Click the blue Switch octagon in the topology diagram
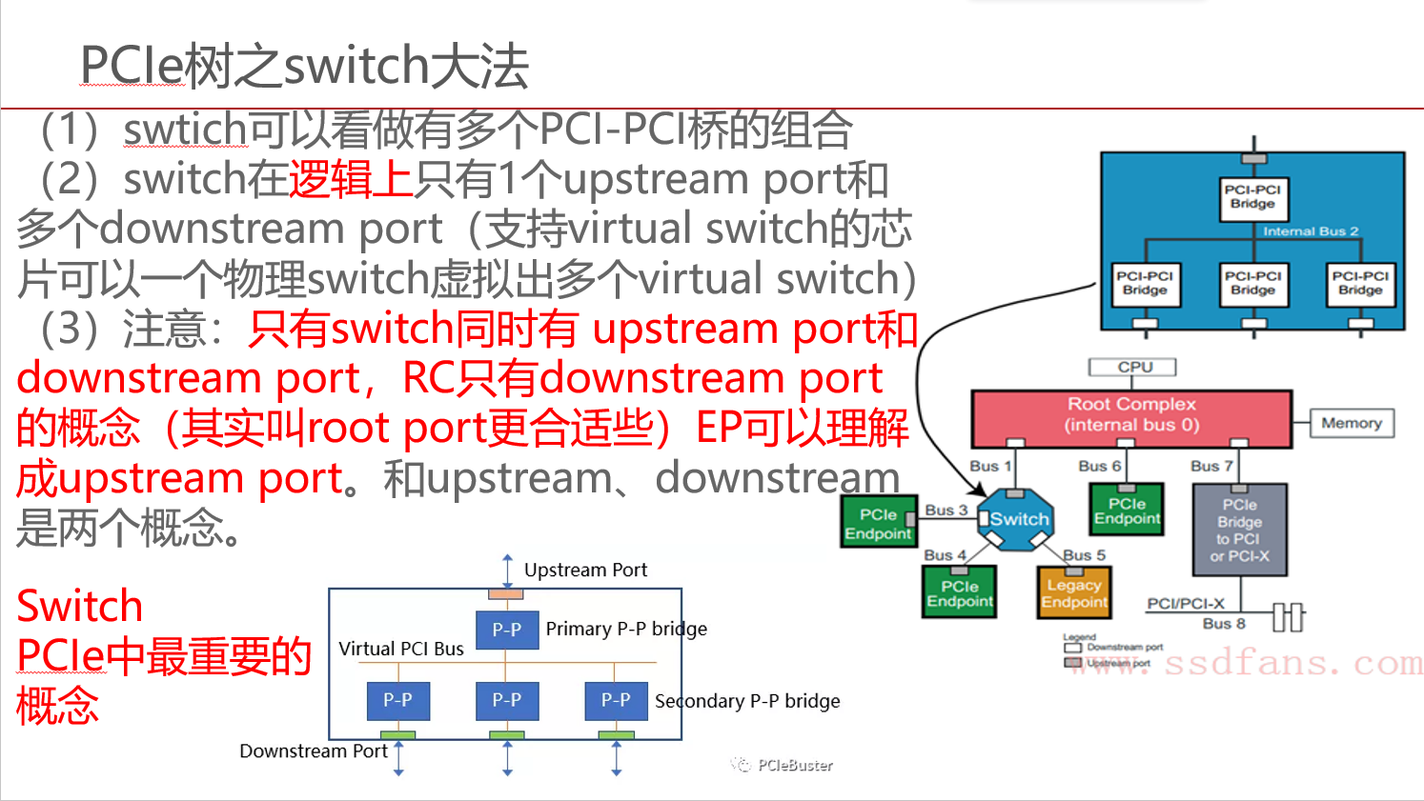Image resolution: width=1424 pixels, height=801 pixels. point(1016,519)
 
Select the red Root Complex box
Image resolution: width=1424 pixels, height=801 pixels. point(1131,417)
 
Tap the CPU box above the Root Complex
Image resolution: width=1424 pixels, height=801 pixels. point(1132,368)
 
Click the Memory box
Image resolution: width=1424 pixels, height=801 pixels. point(1352,423)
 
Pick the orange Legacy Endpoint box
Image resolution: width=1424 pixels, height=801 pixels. point(1074,592)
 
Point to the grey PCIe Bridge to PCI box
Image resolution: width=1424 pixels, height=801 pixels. point(1240,530)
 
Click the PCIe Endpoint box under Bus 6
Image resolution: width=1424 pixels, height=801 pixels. point(1127,511)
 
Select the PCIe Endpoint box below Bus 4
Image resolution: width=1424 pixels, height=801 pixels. point(960,592)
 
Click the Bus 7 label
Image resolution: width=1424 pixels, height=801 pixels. point(1211,466)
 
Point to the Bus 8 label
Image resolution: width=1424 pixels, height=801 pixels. point(1224,624)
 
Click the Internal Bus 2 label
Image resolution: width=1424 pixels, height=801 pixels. point(1311,231)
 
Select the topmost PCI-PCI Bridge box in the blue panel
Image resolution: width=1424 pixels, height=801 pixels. point(1252,197)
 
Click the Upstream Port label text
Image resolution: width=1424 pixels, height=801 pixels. point(585,570)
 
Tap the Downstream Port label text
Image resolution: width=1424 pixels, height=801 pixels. point(313,751)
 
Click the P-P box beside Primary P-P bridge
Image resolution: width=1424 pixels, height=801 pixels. point(507,630)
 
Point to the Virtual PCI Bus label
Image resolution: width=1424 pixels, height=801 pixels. point(401,649)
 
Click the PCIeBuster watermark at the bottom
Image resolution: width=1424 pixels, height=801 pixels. point(794,765)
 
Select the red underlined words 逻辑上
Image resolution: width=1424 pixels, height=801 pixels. point(350,179)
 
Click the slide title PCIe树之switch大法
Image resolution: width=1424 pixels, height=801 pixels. point(304,66)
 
